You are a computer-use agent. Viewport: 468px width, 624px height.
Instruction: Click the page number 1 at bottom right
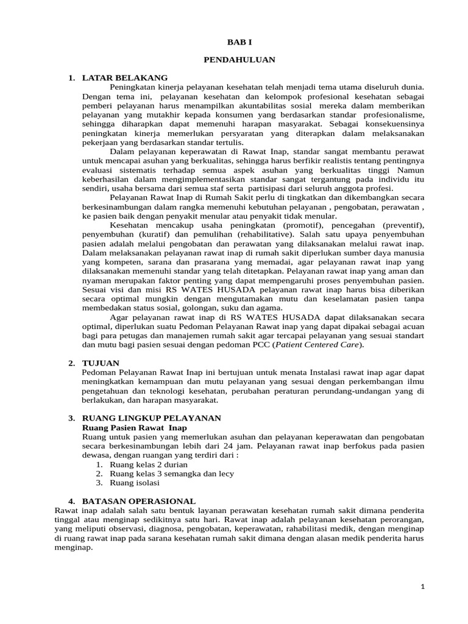pos(424,586)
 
